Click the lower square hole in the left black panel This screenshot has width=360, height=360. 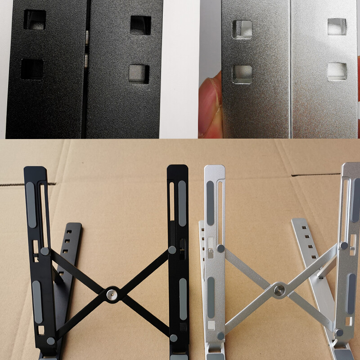(32, 69)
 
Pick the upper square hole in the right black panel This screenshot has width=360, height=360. (140, 25)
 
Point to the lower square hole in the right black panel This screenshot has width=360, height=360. (139, 73)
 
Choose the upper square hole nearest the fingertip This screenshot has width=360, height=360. (242, 28)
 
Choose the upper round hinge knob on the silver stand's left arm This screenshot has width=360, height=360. (220, 248)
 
